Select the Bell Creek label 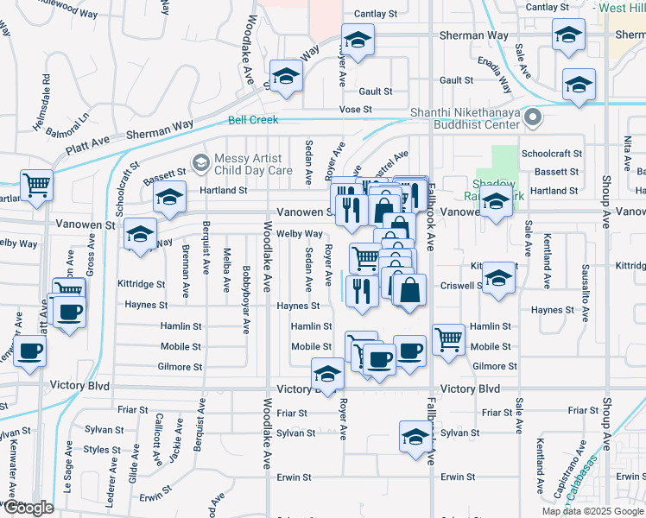pos(253,120)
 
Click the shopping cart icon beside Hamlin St pos(448,339)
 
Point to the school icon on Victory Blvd pos(327,375)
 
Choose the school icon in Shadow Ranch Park pos(495,204)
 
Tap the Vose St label pos(355,110)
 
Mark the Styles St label pos(102,450)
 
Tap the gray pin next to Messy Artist pos(200,162)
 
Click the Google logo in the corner pos(28,508)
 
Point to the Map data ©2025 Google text pos(592,511)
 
